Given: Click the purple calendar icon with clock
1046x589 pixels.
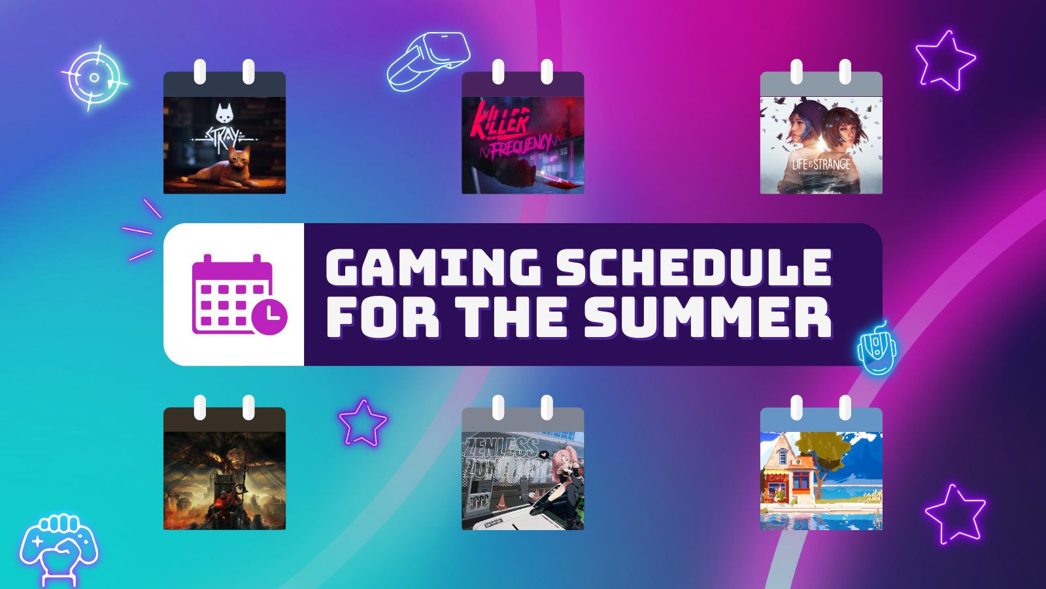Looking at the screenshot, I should coord(239,295).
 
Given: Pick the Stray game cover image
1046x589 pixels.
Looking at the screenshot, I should coord(224,145).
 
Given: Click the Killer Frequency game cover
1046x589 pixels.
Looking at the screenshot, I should coord(522,145).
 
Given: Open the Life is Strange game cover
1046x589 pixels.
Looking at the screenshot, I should coord(821,145).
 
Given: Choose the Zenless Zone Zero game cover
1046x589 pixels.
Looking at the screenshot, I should coord(522,480).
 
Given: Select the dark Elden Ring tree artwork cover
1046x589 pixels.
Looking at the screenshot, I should coord(224,480).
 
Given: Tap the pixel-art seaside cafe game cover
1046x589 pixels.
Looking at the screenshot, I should coord(821,480).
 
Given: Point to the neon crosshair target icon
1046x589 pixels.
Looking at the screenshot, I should coord(94,78).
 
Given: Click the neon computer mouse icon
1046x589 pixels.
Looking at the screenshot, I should coord(876,349).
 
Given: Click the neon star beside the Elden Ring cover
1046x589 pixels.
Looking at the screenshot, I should coord(362,423).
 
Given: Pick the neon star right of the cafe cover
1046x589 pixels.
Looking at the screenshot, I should coord(955,514).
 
